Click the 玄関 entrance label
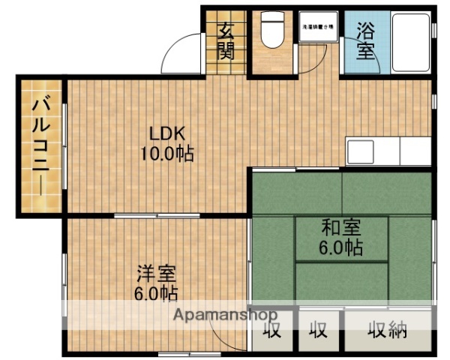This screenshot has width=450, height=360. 226,41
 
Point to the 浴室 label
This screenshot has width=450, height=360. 365,41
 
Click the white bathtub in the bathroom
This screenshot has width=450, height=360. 409,41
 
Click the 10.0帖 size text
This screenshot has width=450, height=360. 166,154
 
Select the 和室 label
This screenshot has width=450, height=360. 342,227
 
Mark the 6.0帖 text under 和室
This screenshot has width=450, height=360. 342,247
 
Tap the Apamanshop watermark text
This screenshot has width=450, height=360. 225,315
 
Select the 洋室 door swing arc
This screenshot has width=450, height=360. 225,334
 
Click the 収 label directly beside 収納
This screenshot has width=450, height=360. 319,329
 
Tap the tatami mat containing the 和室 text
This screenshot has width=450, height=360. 342,237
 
